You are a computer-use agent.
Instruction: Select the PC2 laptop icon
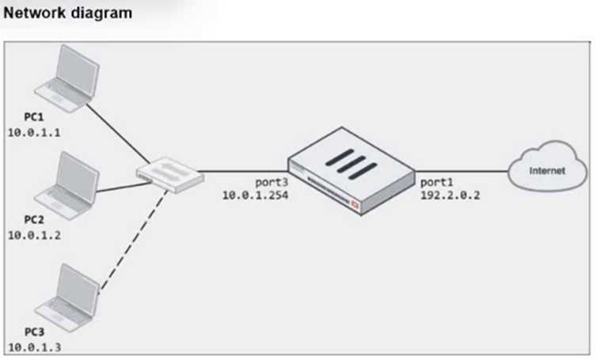[70, 185]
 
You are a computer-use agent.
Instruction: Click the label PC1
[20, 117]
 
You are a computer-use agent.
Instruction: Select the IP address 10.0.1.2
[34, 236]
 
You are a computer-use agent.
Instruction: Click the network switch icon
[165, 172]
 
